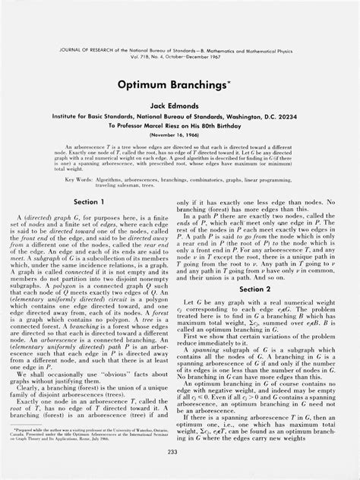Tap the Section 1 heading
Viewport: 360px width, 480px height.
(x=90, y=182)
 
